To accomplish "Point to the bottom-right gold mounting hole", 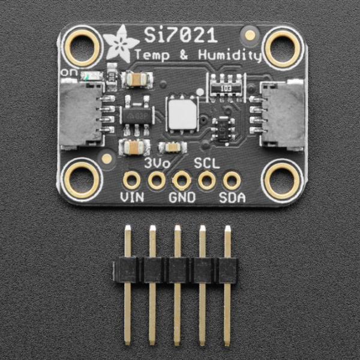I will [282, 179].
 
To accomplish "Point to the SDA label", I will [232, 197].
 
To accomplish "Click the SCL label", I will [206, 163].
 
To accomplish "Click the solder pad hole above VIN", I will [131, 179].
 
